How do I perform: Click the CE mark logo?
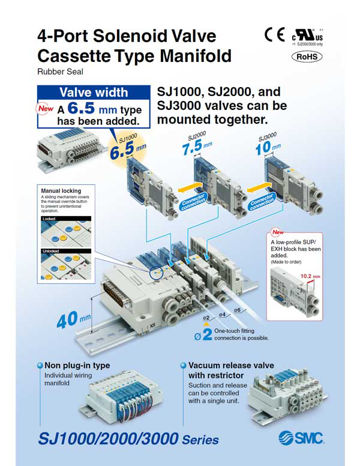point(274,35)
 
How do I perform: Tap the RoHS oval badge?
point(307,56)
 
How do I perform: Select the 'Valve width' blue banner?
point(93,92)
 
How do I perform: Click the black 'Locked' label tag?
point(49,219)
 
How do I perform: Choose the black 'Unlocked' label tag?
point(51,250)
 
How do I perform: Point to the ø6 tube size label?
point(237,310)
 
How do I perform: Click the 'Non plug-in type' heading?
point(77,365)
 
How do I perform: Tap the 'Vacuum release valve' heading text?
point(231,365)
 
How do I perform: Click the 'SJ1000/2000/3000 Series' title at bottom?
point(128,439)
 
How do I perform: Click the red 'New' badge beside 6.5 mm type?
point(46,109)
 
